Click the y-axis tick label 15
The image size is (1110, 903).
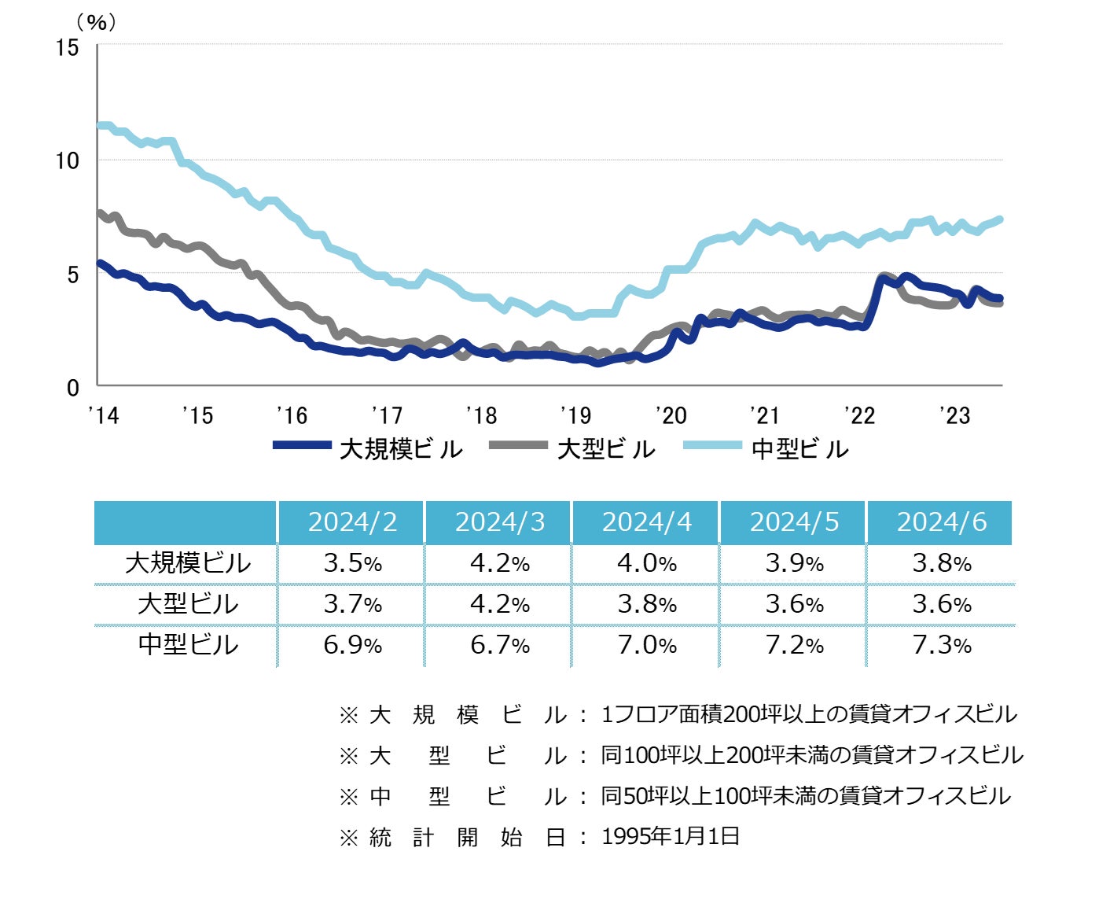point(68,48)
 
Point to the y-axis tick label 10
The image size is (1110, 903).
point(68,161)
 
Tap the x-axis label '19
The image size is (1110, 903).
point(575,415)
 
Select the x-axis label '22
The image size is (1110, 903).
point(859,415)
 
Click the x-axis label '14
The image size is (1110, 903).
point(103,415)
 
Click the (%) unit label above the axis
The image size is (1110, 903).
point(96,22)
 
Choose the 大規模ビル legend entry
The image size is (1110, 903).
point(368,449)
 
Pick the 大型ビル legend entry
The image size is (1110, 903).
point(572,449)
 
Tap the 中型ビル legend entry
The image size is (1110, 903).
point(766,449)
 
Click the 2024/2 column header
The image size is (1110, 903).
point(352,522)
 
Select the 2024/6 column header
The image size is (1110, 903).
point(941,522)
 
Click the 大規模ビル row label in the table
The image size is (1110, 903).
point(188,563)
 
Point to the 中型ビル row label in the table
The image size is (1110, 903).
point(188,645)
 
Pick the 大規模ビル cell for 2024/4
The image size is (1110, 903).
point(647,563)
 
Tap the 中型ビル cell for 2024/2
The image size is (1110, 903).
point(352,645)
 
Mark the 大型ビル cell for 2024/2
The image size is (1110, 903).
point(352,604)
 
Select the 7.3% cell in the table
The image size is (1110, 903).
point(941,645)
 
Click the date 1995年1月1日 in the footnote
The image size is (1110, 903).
point(671,836)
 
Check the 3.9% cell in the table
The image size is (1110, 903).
point(794,563)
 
